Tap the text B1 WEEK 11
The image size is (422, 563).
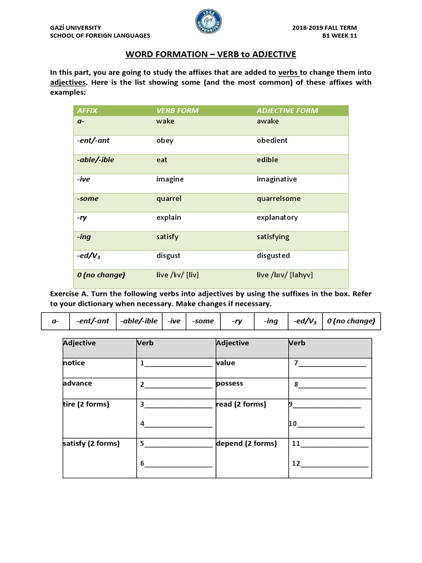tap(354, 35)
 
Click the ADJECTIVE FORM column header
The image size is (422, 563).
tap(287, 111)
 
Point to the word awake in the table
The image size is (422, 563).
tap(268, 121)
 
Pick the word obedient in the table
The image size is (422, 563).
tap(272, 140)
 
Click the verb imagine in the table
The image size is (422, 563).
tap(170, 179)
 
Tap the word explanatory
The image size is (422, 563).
tap(277, 217)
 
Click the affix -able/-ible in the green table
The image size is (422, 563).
tap(96, 159)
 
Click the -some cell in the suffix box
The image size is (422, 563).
tap(203, 321)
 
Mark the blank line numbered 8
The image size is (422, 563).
tap(332, 385)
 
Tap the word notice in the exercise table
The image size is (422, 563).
tap(74, 363)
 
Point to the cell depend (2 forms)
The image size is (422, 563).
tap(246, 443)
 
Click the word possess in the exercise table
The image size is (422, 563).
tap(230, 383)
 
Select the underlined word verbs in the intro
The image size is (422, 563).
tap(288, 73)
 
